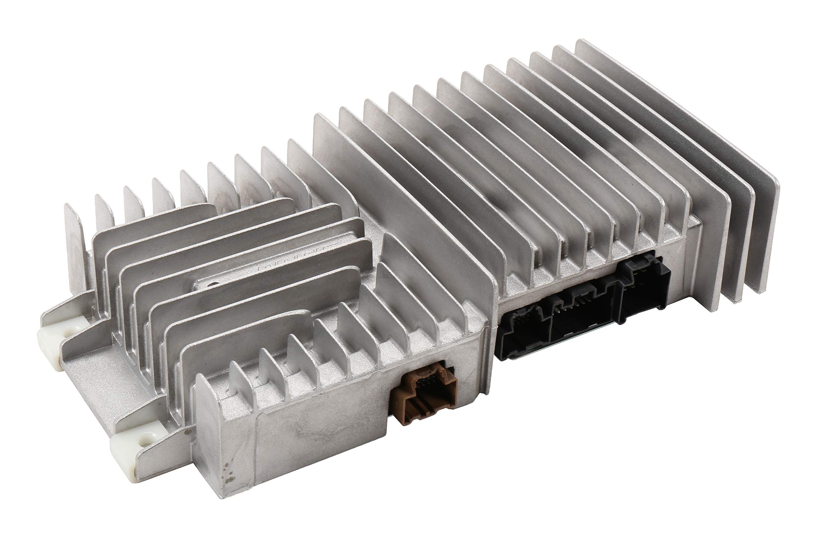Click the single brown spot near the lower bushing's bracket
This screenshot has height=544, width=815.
tap(188, 432)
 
